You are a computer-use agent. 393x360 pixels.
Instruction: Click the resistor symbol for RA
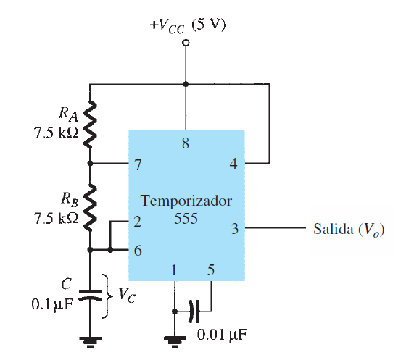click(x=90, y=124)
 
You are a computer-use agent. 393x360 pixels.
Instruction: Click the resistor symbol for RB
click(x=90, y=207)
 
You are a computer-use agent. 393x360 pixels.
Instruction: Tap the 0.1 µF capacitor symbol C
click(x=90, y=295)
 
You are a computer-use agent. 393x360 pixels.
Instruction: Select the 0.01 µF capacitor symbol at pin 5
click(x=195, y=311)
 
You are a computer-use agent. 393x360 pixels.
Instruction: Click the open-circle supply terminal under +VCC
click(x=186, y=43)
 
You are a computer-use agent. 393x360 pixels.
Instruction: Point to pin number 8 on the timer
click(x=186, y=143)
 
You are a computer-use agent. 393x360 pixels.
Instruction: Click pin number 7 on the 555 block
click(x=138, y=164)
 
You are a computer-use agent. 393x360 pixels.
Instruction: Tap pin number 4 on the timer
click(x=233, y=164)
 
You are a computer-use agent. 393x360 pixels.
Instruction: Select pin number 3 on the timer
click(x=235, y=229)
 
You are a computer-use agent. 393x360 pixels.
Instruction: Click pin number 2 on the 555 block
click(x=137, y=222)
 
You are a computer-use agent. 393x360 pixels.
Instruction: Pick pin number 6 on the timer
click(x=138, y=251)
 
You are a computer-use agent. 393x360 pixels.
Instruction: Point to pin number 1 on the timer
click(x=174, y=270)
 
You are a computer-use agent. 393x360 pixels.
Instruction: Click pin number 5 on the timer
click(x=211, y=270)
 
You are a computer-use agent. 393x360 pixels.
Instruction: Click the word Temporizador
click(x=186, y=201)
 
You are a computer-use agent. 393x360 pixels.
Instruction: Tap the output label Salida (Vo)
click(x=349, y=229)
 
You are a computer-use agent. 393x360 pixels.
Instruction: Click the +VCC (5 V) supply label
click(x=188, y=25)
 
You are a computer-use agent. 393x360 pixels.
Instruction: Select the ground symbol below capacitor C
click(x=90, y=342)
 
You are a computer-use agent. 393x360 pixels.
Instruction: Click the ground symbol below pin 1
click(x=175, y=342)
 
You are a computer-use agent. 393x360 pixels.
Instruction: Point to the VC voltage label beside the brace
click(x=127, y=295)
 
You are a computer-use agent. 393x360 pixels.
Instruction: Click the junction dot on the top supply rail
click(x=186, y=84)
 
